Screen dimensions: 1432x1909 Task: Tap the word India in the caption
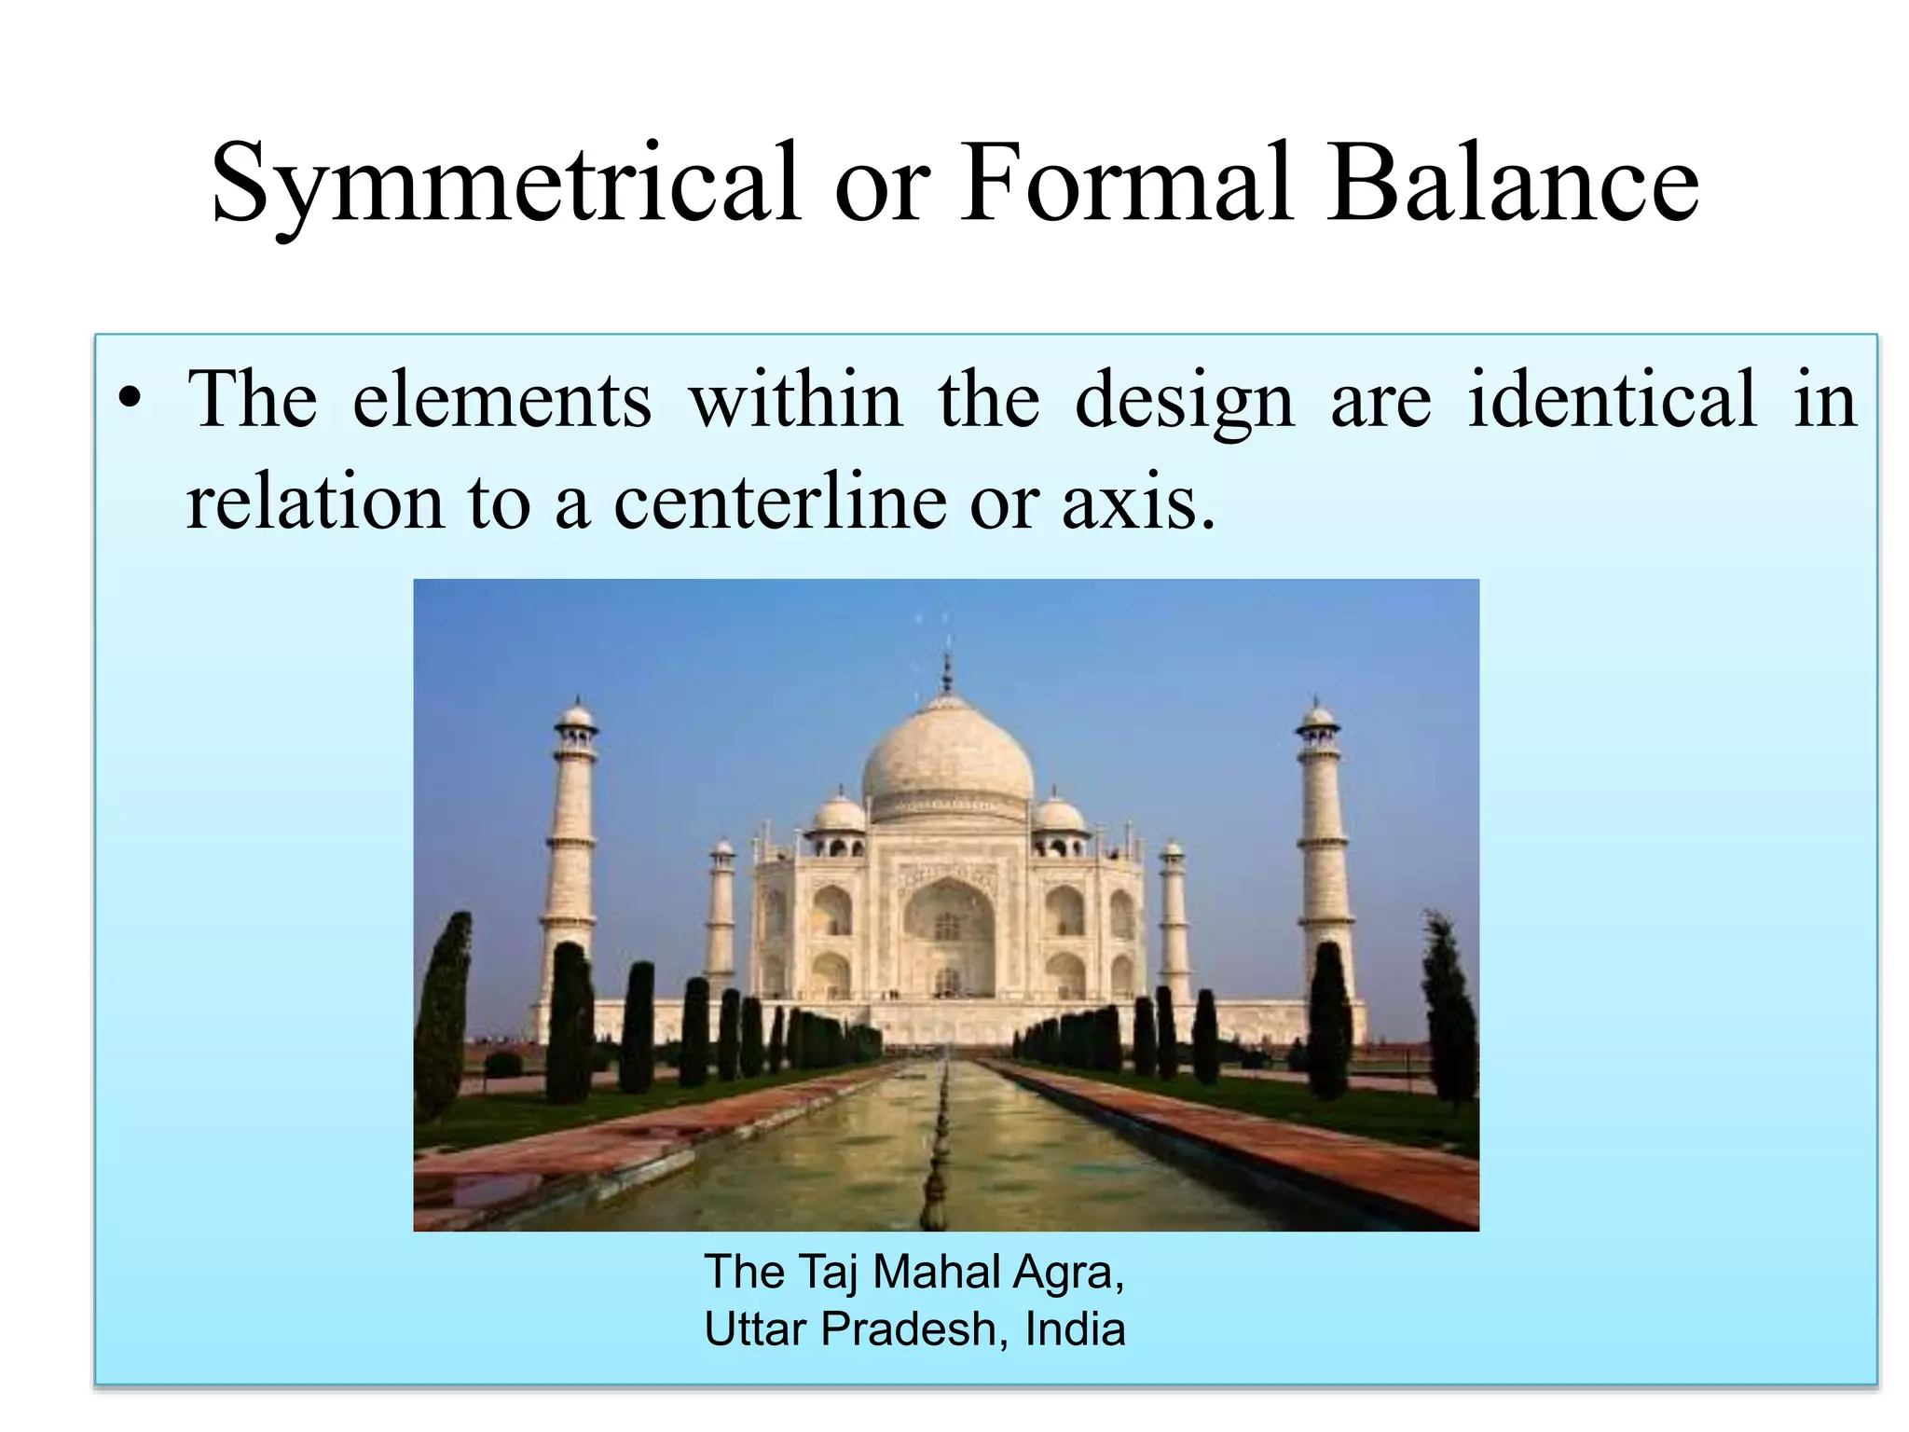[x=1075, y=1329]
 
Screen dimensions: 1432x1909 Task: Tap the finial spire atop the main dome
[x=947, y=671]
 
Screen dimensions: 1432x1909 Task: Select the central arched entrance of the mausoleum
[x=947, y=932]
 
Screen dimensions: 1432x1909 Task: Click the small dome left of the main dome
[x=839, y=816]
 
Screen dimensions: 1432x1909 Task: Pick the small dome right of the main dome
[x=1058, y=816]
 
